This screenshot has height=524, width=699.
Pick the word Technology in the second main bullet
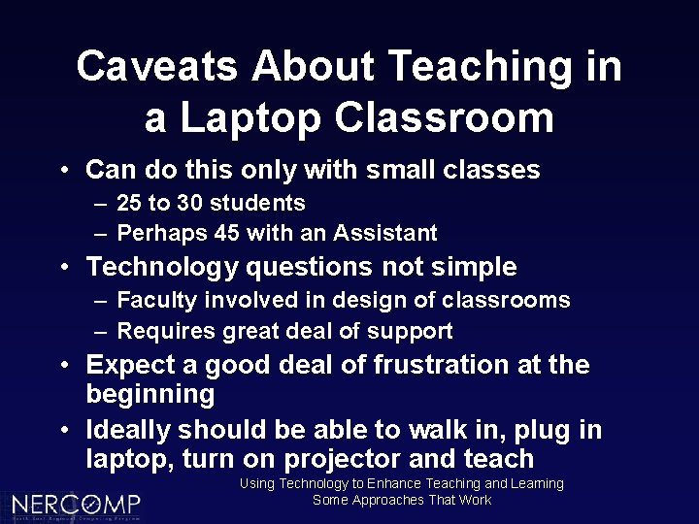tap(162, 267)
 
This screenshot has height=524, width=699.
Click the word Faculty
tap(154, 301)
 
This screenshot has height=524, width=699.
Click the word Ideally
tap(131, 430)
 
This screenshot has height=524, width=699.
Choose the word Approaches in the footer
tap(388, 501)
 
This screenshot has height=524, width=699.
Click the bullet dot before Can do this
tap(62, 172)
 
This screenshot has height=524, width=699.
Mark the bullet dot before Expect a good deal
tap(62, 367)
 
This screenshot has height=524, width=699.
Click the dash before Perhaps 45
tap(101, 234)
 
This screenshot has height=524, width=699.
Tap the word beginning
tap(150, 394)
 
